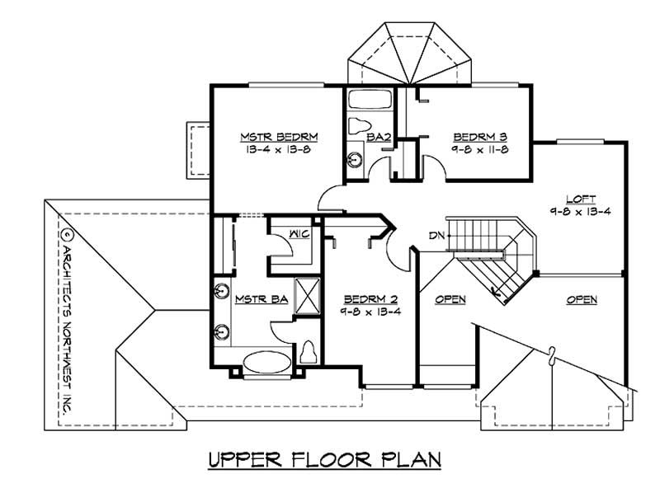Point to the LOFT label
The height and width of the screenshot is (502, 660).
(577, 199)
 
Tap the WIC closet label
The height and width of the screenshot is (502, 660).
(299, 235)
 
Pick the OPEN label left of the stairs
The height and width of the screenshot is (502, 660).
(450, 298)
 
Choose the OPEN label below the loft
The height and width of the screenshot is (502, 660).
(582, 299)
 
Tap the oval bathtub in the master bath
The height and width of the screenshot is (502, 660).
(265, 360)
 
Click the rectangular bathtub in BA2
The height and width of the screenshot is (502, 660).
(369, 101)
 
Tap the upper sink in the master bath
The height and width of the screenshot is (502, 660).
(222, 291)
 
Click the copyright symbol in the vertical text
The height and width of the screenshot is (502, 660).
(66, 233)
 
